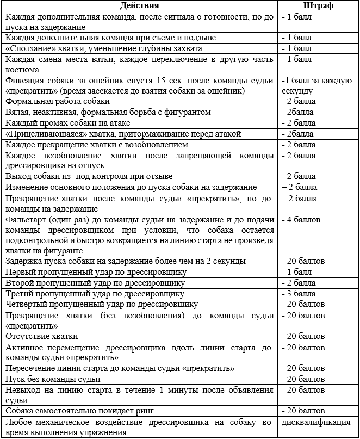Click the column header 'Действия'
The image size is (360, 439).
[140, 6]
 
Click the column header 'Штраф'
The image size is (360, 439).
[318, 6]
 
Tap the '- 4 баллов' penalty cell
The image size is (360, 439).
[301, 220]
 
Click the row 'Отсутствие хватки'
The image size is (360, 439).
[42, 336]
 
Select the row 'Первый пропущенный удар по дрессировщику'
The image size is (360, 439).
[96, 272]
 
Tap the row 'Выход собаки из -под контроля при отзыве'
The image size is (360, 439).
[89, 177]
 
